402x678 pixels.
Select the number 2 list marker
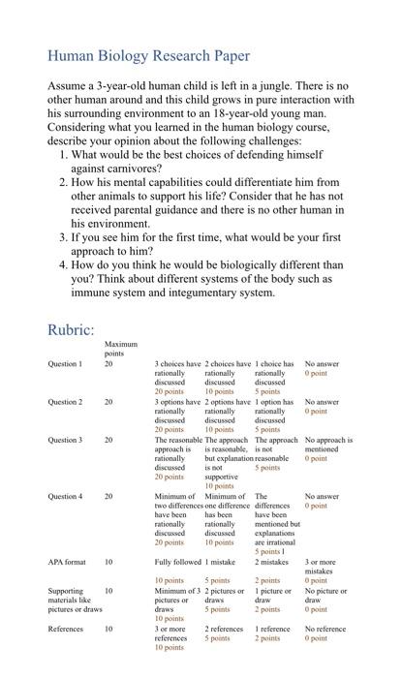pyautogui.click(x=63, y=181)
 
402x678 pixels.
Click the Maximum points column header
pyautogui.click(x=121, y=348)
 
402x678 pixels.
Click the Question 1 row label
pyautogui.click(x=65, y=364)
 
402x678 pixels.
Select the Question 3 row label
pyautogui.click(x=65, y=440)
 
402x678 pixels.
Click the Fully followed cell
pyautogui.click(x=177, y=562)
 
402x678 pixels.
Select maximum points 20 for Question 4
pyautogui.click(x=108, y=496)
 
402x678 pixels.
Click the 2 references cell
pyautogui.click(x=224, y=629)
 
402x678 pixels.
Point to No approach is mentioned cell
pyautogui.click(x=328, y=445)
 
